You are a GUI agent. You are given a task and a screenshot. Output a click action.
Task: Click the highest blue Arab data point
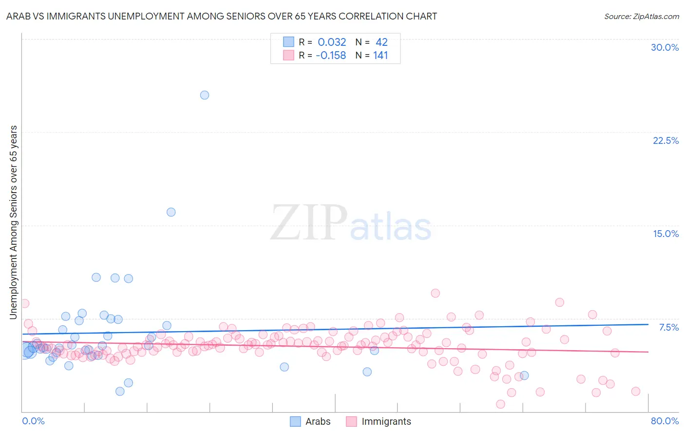pos(205,95)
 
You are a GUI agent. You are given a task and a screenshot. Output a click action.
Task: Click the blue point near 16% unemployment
pos(171,212)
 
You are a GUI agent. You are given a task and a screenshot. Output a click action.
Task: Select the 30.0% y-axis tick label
pos(665,47)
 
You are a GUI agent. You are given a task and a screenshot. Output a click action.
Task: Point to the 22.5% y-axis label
pos(666,140)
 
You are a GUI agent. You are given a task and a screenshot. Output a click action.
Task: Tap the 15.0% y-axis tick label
pos(666,234)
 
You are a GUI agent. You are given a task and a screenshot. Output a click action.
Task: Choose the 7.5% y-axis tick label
pos(668,327)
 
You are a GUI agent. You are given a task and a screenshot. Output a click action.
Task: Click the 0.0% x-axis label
pos(33,421)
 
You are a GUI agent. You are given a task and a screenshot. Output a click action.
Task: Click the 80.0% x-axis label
pos(665,421)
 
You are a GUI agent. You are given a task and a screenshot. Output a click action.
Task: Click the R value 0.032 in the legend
pos(332,42)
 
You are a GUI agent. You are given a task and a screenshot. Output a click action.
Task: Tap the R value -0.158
pos(331,56)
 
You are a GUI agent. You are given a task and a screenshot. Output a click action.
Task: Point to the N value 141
pos(381,56)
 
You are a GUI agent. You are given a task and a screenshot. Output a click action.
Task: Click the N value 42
pos(381,42)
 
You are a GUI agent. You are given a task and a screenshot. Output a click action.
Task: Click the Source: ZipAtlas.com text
pos(641,16)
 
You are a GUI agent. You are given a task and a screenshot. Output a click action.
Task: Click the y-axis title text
pos(13,222)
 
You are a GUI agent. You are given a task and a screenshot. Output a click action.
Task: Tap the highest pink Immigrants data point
pos(436,293)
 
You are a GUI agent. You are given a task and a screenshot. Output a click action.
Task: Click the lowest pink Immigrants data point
pos(500,404)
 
